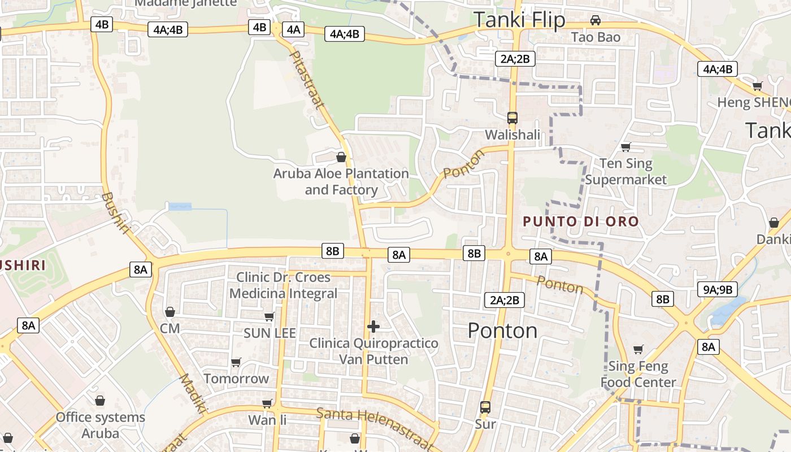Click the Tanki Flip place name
[x=519, y=20]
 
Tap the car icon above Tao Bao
[x=595, y=20]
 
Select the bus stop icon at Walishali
[x=512, y=118]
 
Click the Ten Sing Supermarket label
[x=625, y=172]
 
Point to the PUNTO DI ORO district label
[x=581, y=221]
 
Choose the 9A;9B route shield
[x=718, y=290]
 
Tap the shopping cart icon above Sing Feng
[x=638, y=350]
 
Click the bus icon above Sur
[x=485, y=407]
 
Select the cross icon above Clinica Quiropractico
[x=373, y=326]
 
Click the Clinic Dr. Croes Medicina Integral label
[x=283, y=285]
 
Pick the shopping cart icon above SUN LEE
[x=270, y=316]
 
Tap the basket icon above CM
[x=169, y=312]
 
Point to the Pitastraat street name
[x=307, y=79]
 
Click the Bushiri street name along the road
[x=117, y=212]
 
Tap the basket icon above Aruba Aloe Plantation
[x=341, y=157]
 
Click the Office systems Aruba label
[x=100, y=425]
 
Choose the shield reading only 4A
[x=293, y=29]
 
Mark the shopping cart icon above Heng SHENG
[x=757, y=86]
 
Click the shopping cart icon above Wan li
[x=267, y=403]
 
